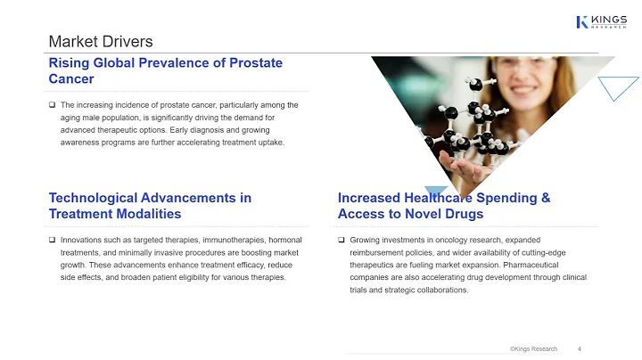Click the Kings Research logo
601,20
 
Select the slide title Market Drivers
100,42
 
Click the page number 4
580,348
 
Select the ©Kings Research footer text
533,348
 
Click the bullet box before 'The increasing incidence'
53,106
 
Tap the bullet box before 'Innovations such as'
53,241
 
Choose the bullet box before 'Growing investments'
342,241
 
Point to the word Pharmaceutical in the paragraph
540,266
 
